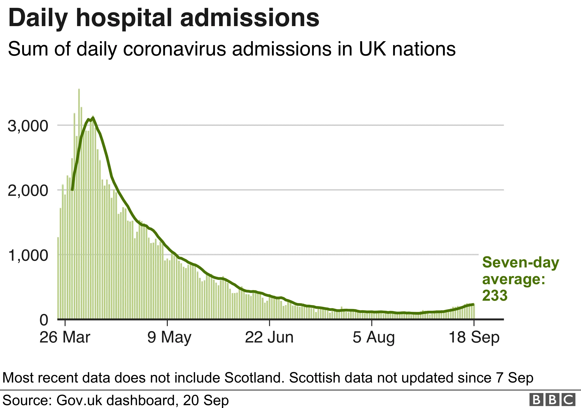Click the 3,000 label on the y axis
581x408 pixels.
click(x=28, y=126)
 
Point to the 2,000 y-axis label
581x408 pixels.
click(x=28, y=191)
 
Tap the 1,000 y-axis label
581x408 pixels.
click(x=28, y=255)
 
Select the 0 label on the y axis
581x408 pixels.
click(x=44, y=320)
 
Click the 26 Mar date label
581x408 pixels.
click(x=65, y=337)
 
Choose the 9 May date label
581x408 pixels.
click(x=169, y=337)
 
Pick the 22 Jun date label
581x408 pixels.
click(x=269, y=337)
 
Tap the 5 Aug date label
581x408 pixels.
click(x=374, y=337)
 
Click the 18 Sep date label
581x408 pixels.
click(x=474, y=337)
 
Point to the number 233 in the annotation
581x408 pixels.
click(x=495, y=295)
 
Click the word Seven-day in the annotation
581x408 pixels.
click(x=520, y=263)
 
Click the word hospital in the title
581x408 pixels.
click(x=124, y=18)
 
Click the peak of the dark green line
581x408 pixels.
click(x=93, y=118)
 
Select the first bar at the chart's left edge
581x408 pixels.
click(x=58, y=278)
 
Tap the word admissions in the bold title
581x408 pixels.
click(x=250, y=18)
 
